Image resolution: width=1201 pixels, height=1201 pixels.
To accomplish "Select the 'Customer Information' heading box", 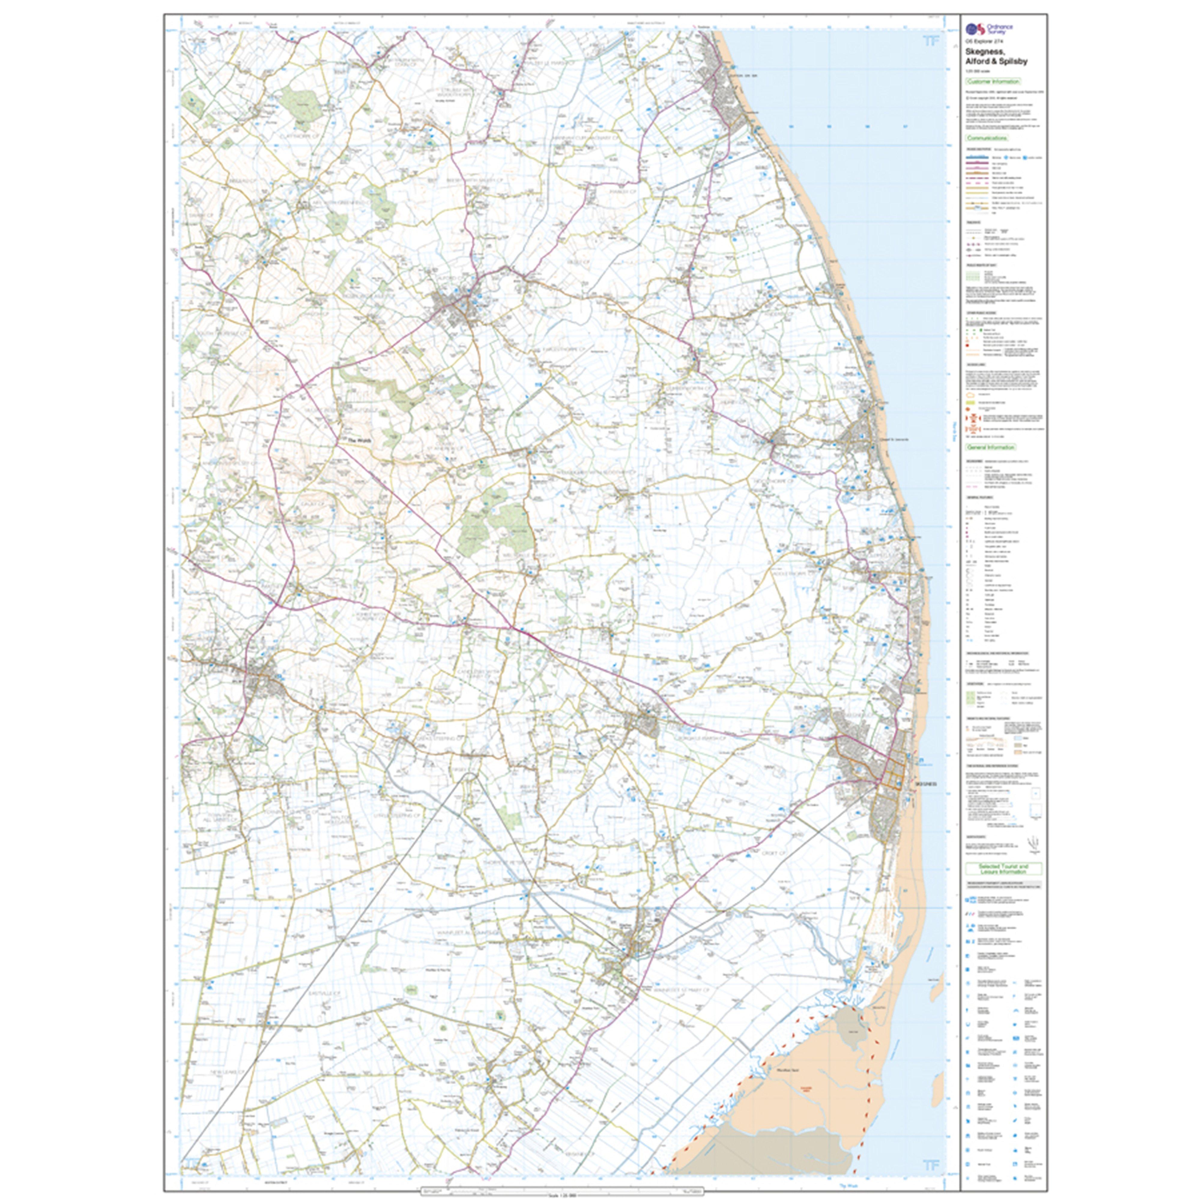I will coord(993,81).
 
